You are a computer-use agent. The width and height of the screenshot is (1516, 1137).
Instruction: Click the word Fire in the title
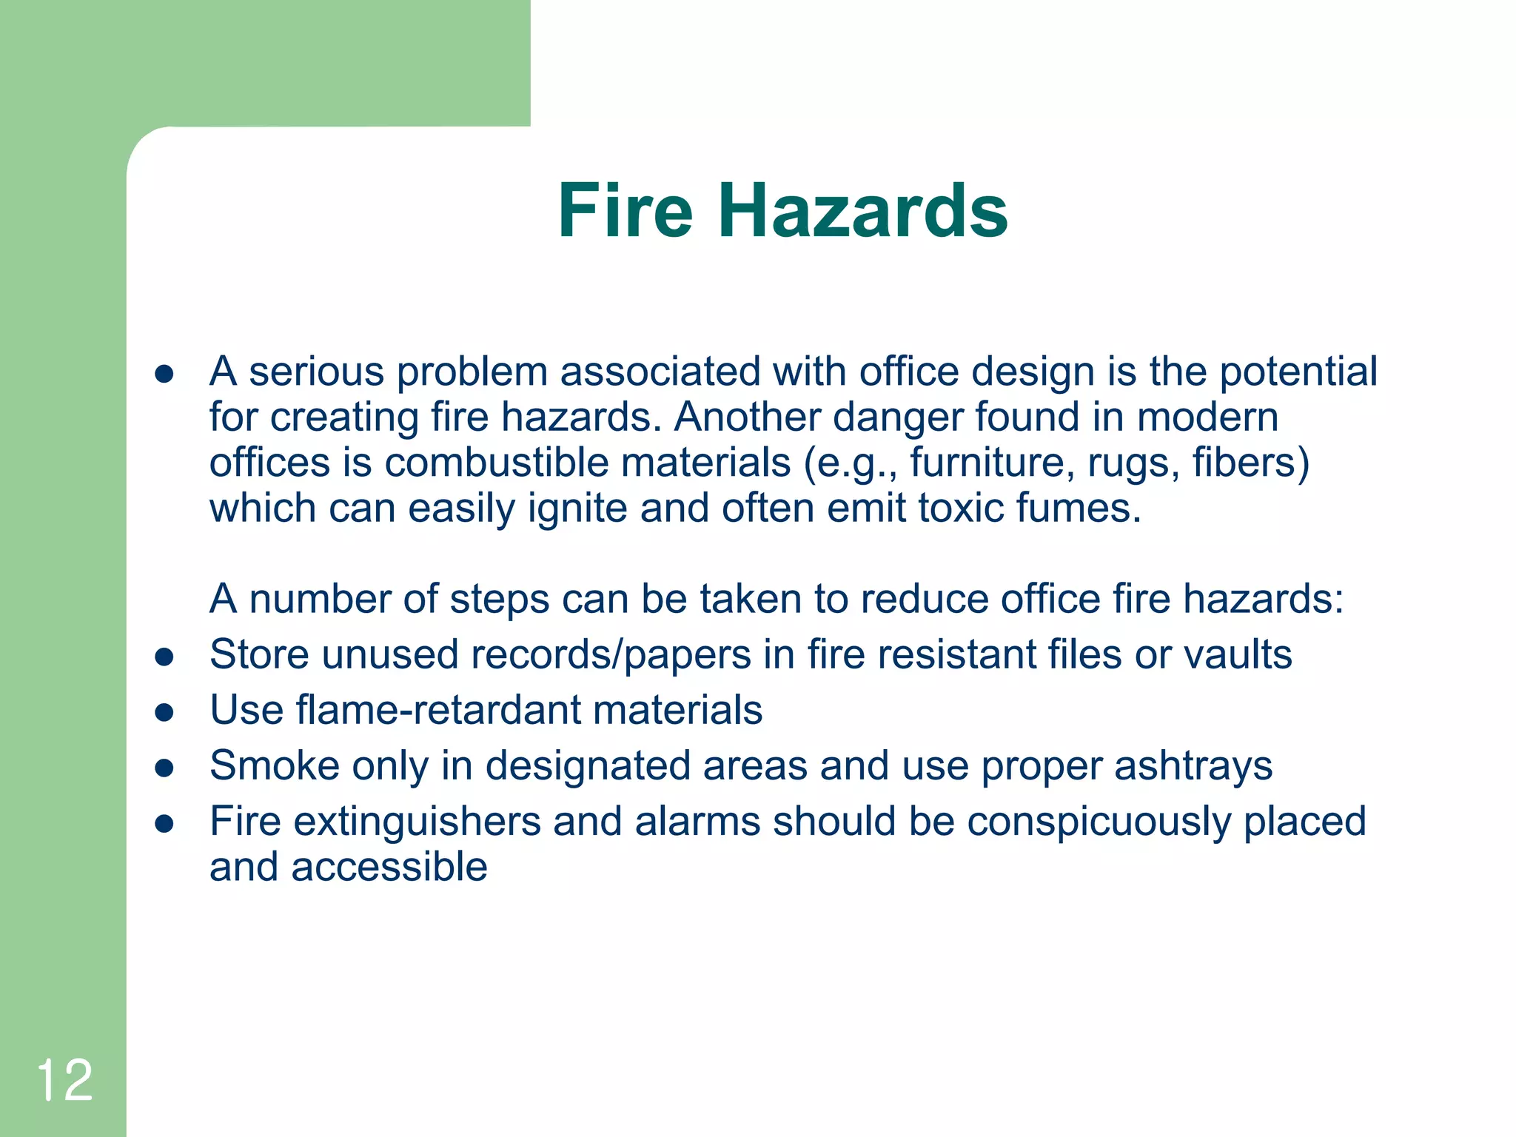click(x=625, y=212)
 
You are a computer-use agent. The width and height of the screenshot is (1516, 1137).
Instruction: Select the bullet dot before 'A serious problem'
click(x=164, y=375)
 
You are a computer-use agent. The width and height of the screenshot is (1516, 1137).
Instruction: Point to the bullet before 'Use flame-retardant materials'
click(x=164, y=713)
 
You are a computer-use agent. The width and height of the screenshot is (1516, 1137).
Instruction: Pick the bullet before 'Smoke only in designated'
click(x=164, y=768)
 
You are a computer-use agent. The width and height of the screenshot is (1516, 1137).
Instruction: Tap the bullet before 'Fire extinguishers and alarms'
click(x=164, y=824)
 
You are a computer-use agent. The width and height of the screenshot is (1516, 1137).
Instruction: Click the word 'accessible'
click(x=389, y=867)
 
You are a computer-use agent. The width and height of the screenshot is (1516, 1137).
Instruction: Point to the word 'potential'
click(x=1298, y=372)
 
